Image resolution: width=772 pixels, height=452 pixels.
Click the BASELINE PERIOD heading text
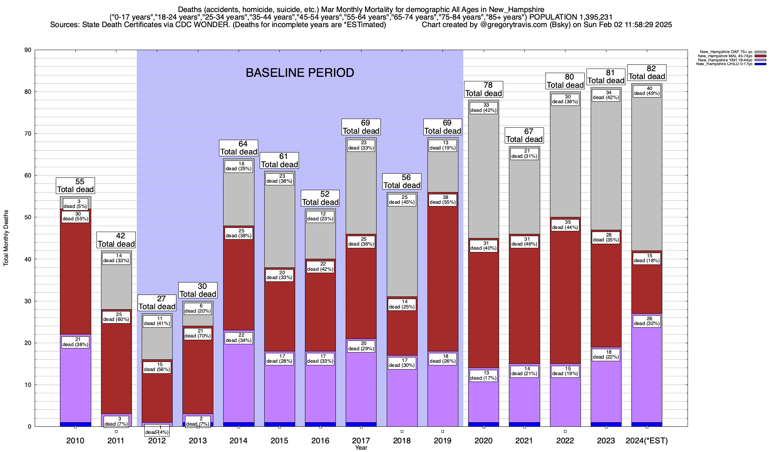pos(300,73)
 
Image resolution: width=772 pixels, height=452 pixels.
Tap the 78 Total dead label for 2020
pos(484,89)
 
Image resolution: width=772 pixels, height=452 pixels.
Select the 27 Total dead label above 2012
pos(157,303)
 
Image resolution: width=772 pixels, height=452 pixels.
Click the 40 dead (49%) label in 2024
pos(647,91)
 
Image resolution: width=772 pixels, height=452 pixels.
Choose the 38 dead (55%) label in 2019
pos(443,200)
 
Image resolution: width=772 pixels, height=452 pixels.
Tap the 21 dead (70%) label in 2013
pos(198,334)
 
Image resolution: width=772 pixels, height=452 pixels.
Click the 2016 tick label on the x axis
pos(320,441)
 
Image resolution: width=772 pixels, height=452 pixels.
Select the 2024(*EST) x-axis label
pos(647,441)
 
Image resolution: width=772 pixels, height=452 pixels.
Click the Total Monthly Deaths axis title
pos(6,238)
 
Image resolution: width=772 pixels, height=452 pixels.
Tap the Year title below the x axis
pos(361,448)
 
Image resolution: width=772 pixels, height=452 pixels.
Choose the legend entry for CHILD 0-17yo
pos(724,64)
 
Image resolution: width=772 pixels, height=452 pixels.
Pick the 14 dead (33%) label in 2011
pos(116,258)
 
